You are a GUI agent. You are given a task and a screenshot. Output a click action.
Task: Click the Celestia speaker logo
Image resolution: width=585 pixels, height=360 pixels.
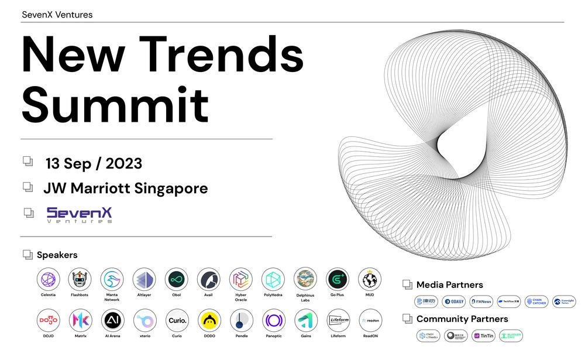click(x=49, y=279)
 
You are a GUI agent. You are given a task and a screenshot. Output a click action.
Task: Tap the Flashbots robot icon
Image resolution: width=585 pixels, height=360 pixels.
click(x=80, y=279)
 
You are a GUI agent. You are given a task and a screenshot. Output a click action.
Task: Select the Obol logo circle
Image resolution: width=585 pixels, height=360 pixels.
click(x=176, y=279)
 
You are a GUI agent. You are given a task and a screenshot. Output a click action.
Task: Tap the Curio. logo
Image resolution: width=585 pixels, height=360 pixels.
click(x=176, y=320)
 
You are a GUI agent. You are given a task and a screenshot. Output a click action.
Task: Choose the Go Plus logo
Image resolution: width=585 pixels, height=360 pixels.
click(x=338, y=279)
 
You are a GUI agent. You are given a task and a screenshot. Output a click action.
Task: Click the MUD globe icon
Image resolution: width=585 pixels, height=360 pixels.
click(x=369, y=279)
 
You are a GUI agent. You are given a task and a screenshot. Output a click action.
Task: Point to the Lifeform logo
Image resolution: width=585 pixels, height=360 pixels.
click(x=338, y=320)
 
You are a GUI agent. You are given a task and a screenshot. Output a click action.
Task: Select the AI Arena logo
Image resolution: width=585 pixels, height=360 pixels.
click(x=112, y=320)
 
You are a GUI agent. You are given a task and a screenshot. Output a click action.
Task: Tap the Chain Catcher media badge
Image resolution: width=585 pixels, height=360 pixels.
click(x=536, y=302)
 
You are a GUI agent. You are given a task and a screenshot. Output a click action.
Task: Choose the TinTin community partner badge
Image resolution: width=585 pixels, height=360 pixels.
click(x=483, y=336)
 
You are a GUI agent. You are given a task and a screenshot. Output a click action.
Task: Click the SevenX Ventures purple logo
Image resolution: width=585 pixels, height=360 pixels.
click(x=79, y=214)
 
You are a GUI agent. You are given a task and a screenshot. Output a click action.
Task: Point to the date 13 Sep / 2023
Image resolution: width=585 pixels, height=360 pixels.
click(x=94, y=163)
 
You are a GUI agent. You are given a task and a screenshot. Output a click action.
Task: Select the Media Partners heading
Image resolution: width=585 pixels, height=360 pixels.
click(x=449, y=285)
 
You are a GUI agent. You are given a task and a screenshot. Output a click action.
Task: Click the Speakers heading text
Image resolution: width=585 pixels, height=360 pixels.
click(x=57, y=255)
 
